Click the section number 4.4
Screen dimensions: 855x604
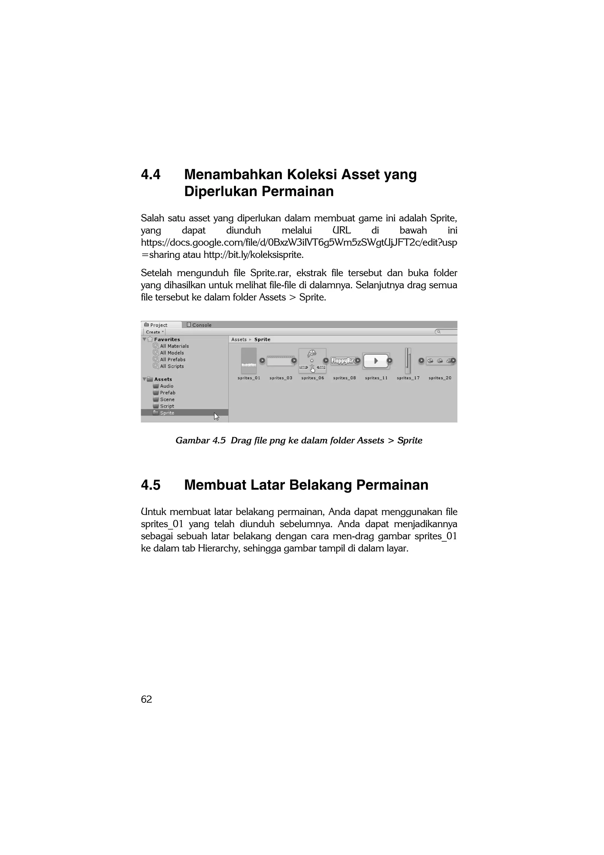[x=150, y=175]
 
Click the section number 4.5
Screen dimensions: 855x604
[x=150, y=485]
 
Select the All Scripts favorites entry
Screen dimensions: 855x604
[x=172, y=366]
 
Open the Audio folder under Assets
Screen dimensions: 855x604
[x=166, y=386]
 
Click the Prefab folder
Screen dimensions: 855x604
[x=167, y=393]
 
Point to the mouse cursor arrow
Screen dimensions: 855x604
[x=216, y=416]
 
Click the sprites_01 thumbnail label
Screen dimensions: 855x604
[x=249, y=378]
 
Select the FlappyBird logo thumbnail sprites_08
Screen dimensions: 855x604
[x=344, y=360]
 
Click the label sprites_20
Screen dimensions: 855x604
[x=440, y=378]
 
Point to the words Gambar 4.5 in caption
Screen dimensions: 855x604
[x=200, y=441]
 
